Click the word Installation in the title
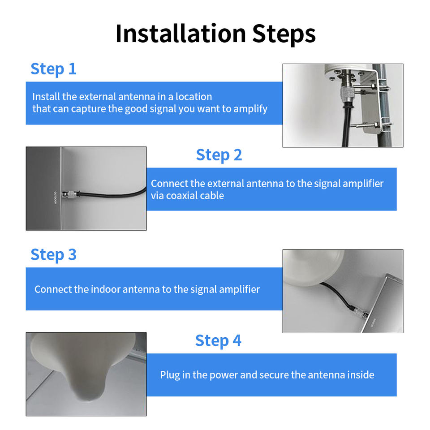[x=181, y=34]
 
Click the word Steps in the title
[x=284, y=34]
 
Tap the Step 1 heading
[x=53, y=69]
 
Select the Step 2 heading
[x=219, y=155]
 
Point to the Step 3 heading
[x=53, y=255]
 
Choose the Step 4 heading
[x=218, y=340]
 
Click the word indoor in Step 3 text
[x=106, y=289]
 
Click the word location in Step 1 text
[x=193, y=97]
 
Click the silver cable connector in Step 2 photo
[x=70, y=194]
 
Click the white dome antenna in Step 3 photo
[x=313, y=267]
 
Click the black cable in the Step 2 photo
[x=112, y=194]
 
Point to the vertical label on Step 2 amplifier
[x=55, y=198]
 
